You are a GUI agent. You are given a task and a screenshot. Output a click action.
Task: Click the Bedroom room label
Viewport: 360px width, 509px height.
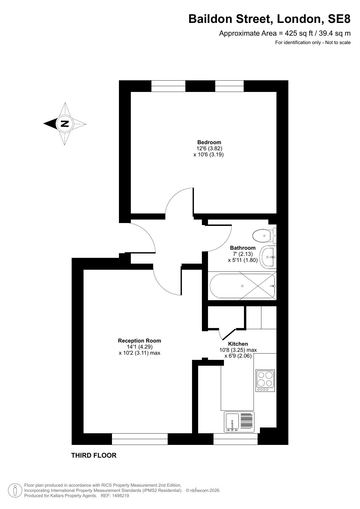click(x=209, y=142)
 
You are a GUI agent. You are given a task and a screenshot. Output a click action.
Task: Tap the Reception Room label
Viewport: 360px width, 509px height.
click(x=140, y=341)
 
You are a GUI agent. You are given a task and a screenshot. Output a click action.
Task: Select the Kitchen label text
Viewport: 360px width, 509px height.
click(x=238, y=344)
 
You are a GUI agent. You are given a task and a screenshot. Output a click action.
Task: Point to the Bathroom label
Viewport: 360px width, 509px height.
click(x=243, y=248)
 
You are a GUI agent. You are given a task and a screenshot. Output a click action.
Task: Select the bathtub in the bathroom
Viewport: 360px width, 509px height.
click(x=242, y=286)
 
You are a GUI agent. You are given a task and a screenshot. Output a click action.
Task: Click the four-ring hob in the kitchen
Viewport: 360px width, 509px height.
click(x=265, y=381)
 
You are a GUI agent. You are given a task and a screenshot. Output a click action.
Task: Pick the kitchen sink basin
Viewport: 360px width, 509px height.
click(x=232, y=422)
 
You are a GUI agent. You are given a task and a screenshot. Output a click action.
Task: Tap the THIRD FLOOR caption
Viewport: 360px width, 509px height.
click(x=94, y=455)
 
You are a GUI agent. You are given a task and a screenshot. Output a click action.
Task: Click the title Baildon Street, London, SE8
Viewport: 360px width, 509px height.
click(x=269, y=19)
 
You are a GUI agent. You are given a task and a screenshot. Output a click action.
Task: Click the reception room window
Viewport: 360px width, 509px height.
click(x=140, y=439)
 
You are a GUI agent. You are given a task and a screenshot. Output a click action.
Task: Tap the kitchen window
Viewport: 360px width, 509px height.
click(x=236, y=439)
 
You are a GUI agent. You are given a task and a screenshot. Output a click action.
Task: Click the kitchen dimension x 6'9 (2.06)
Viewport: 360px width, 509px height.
click(x=238, y=356)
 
